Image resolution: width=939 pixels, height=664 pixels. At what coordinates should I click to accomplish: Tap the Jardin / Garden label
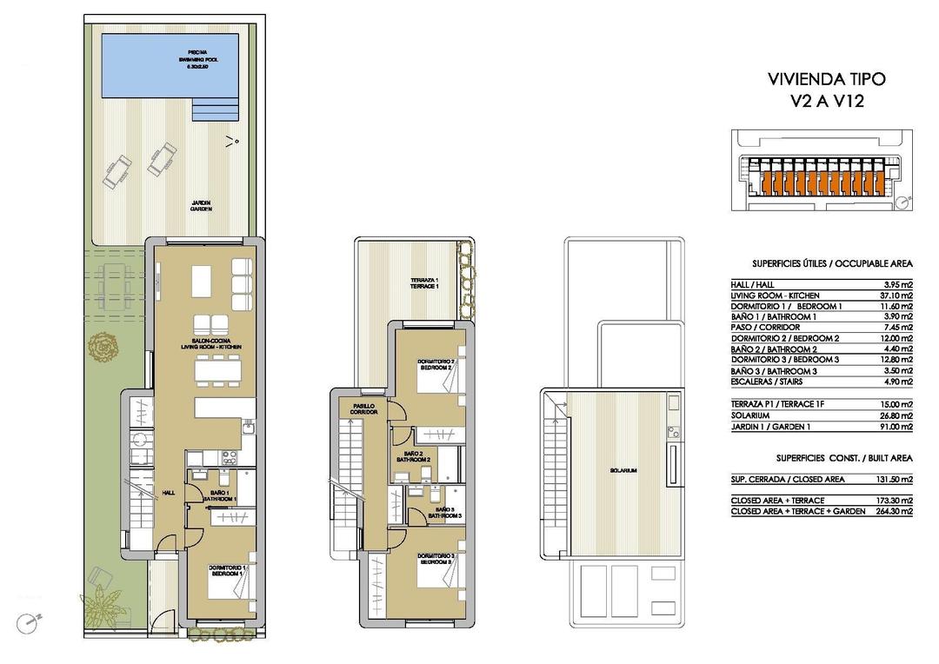[202, 206]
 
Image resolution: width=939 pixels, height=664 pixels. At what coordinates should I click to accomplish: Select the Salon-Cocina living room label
[211, 343]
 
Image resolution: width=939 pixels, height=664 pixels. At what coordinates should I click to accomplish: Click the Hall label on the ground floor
[168, 493]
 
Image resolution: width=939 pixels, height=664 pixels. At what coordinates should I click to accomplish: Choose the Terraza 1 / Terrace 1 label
[424, 283]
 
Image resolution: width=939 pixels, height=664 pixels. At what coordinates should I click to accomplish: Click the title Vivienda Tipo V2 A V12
[826, 90]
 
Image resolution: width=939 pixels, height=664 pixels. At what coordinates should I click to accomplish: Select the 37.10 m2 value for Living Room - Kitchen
[895, 295]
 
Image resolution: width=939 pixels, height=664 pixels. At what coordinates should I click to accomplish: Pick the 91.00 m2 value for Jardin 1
[895, 426]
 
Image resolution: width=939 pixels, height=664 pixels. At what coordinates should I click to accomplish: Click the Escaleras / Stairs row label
[767, 382]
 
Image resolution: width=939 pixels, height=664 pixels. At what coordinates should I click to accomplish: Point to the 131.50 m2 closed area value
[893, 479]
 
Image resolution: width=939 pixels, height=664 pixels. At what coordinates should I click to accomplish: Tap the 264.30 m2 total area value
[893, 511]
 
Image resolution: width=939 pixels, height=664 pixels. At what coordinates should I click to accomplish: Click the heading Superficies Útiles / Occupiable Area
[831, 262]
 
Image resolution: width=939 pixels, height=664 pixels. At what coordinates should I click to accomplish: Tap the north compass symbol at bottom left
[32, 622]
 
